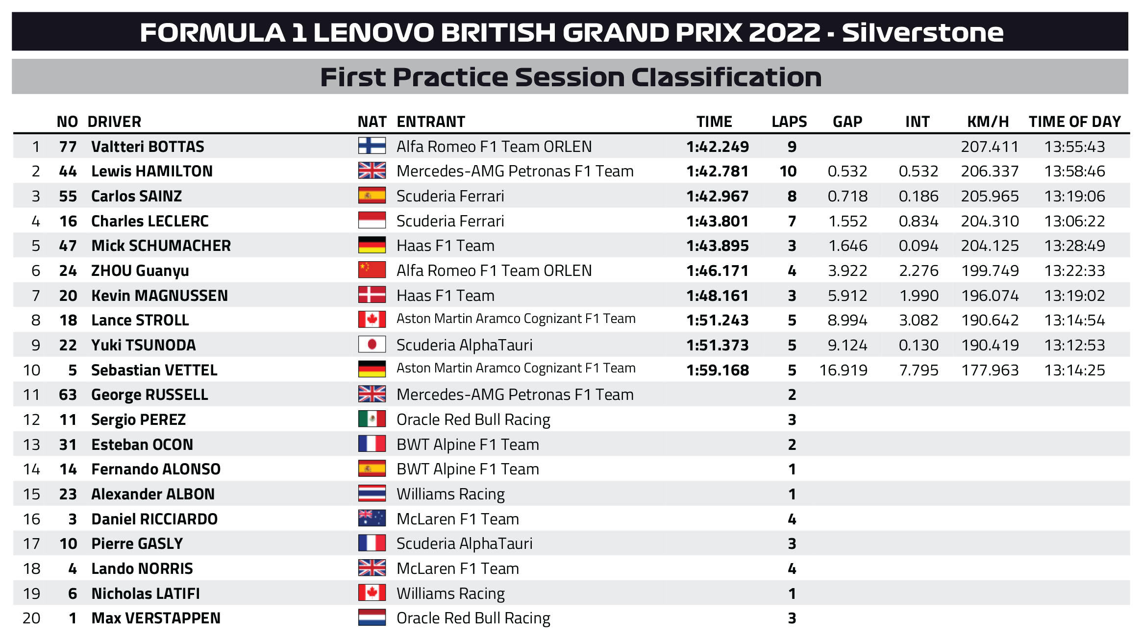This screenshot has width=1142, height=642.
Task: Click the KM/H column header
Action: point(988,122)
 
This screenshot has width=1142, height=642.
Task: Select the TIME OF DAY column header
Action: point(1074,122)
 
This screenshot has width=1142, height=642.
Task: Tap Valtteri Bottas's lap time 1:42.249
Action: point(718,147)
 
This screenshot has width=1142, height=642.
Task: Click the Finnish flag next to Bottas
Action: point(372,146)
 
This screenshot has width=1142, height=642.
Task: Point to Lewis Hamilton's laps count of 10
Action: point(788,172)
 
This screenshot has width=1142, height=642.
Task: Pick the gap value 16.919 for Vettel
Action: point(843,370)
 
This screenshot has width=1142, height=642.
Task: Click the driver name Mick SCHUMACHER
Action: point(161,246)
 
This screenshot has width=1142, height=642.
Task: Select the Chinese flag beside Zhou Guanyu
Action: point(372,270)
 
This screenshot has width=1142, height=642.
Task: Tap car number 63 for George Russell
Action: point(68,395)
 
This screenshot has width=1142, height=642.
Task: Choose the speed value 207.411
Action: point(990,147)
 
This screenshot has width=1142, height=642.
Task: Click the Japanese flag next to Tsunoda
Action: point(372,345)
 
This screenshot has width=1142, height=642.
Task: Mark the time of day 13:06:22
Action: point(1074,221)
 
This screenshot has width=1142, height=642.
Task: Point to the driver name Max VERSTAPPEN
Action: point(156,618)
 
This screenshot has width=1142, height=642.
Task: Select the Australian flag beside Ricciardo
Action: point(372,519)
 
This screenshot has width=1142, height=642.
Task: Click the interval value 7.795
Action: point(919,370)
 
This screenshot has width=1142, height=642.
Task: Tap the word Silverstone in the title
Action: point(922,32)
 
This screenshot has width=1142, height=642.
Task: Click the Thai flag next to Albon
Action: point(372,494)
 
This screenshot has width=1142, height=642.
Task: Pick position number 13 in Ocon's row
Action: point(32,444)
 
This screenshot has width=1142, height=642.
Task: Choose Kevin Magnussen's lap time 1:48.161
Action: point(718,296)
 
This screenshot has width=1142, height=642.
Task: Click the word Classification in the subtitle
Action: point(726,77)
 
